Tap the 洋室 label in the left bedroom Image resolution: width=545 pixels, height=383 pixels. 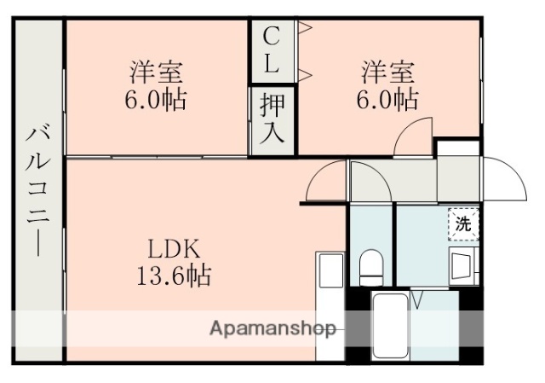click(157, 69)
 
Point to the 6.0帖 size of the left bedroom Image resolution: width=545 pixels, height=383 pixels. click(157, 99)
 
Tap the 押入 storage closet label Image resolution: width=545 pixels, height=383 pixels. click(272, 119)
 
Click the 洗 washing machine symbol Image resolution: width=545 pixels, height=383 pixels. click(463, 224)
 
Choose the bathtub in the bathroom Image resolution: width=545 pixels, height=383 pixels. click(393, 326)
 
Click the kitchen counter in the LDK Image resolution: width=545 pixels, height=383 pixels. click(329, 299)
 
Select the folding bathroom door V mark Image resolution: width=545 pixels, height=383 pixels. click(419, 300)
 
